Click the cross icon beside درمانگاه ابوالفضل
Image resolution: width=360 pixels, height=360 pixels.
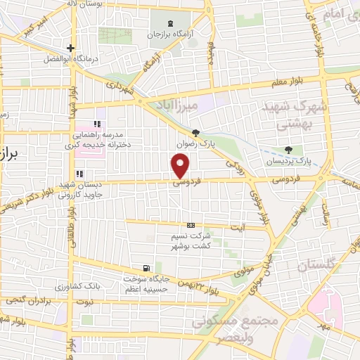pos(70,49)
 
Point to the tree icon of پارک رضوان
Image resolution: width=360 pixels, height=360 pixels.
pos(195,133)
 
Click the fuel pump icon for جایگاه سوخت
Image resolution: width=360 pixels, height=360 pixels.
pos(146,267)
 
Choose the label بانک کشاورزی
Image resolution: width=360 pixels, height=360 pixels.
pos(87,286)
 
